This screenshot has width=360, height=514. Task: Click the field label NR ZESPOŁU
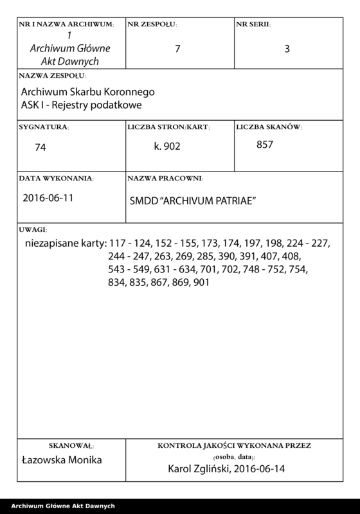point(152,24)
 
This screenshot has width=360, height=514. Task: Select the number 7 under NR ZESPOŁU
point(177,48)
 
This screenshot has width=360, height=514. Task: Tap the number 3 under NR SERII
point(287,48)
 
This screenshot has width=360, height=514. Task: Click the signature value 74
point(40,147)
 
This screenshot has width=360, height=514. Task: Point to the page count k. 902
point(168,146)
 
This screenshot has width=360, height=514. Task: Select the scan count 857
point(265,145)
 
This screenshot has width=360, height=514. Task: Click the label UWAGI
point(33,229)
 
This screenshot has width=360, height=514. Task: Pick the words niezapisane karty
point(62,245)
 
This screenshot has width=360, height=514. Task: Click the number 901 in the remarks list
point(201,282)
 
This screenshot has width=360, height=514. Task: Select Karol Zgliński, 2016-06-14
point(225,468)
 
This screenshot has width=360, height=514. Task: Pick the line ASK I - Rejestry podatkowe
point(81,104)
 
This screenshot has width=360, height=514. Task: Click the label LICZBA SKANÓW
point(268,127)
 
